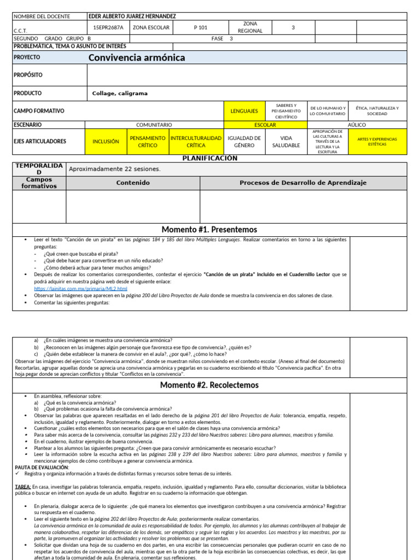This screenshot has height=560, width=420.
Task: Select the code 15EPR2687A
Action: (x=108, y=27)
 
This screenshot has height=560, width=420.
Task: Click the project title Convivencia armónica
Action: (x=137, y=57)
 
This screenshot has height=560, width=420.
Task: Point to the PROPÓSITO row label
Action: (x=28, y=74)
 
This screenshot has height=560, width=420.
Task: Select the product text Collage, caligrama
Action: (x=120, y=94)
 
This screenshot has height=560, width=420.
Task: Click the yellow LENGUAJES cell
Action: (x=244, y=111)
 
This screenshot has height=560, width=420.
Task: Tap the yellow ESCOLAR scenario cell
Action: (x=265, y=125)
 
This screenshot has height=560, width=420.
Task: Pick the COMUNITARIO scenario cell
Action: (x=154, y=125)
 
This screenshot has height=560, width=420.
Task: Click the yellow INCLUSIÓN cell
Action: (x=106, y=142)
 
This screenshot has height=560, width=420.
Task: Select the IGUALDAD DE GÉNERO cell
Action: (x=243, y=142)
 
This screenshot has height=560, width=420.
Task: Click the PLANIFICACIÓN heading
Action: (x=209, y=158)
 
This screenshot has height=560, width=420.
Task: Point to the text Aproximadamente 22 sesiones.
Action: (x=114, y=169)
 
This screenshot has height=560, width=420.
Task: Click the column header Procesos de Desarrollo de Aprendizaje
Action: (x=303, y=183)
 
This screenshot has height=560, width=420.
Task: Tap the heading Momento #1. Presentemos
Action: (x=209, y=229)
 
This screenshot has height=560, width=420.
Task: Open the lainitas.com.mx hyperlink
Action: (x=80, y=288)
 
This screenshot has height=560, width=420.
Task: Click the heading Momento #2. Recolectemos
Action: (x=209, y=385)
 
